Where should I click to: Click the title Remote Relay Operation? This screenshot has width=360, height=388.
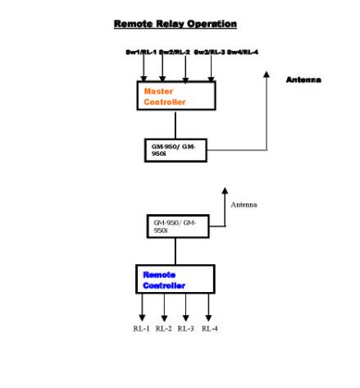point(175,25)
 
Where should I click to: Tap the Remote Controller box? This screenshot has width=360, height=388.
point(175,280)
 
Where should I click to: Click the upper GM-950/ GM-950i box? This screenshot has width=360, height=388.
point(175,150)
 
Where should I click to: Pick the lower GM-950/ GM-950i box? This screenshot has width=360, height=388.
point(175,227)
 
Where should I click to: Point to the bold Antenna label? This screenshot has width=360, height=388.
point(303,80)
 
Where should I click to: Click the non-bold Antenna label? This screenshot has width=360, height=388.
point(244,204)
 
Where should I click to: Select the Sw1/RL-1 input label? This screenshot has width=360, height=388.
point(141,52)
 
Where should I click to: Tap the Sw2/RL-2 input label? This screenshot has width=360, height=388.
point(175,52)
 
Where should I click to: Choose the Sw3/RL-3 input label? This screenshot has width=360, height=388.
point(209,52)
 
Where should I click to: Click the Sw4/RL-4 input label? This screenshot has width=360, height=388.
point(243,52)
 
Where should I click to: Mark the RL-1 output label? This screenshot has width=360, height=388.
point(141,328)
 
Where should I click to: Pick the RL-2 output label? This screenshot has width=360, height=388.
point(164,328)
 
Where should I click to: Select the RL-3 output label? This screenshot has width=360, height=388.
point(186,328)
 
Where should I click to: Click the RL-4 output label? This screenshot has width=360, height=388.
point(209,328)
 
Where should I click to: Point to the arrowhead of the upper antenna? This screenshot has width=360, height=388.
point(266,75)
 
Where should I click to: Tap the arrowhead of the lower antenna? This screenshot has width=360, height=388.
point(226,190)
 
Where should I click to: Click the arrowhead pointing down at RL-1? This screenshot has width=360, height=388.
point(142,317)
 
